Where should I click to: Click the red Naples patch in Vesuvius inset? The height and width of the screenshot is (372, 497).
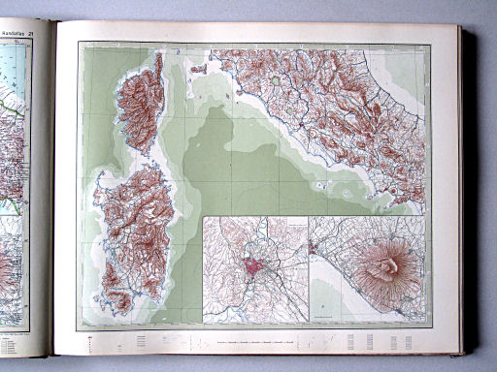tap(314, 249)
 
